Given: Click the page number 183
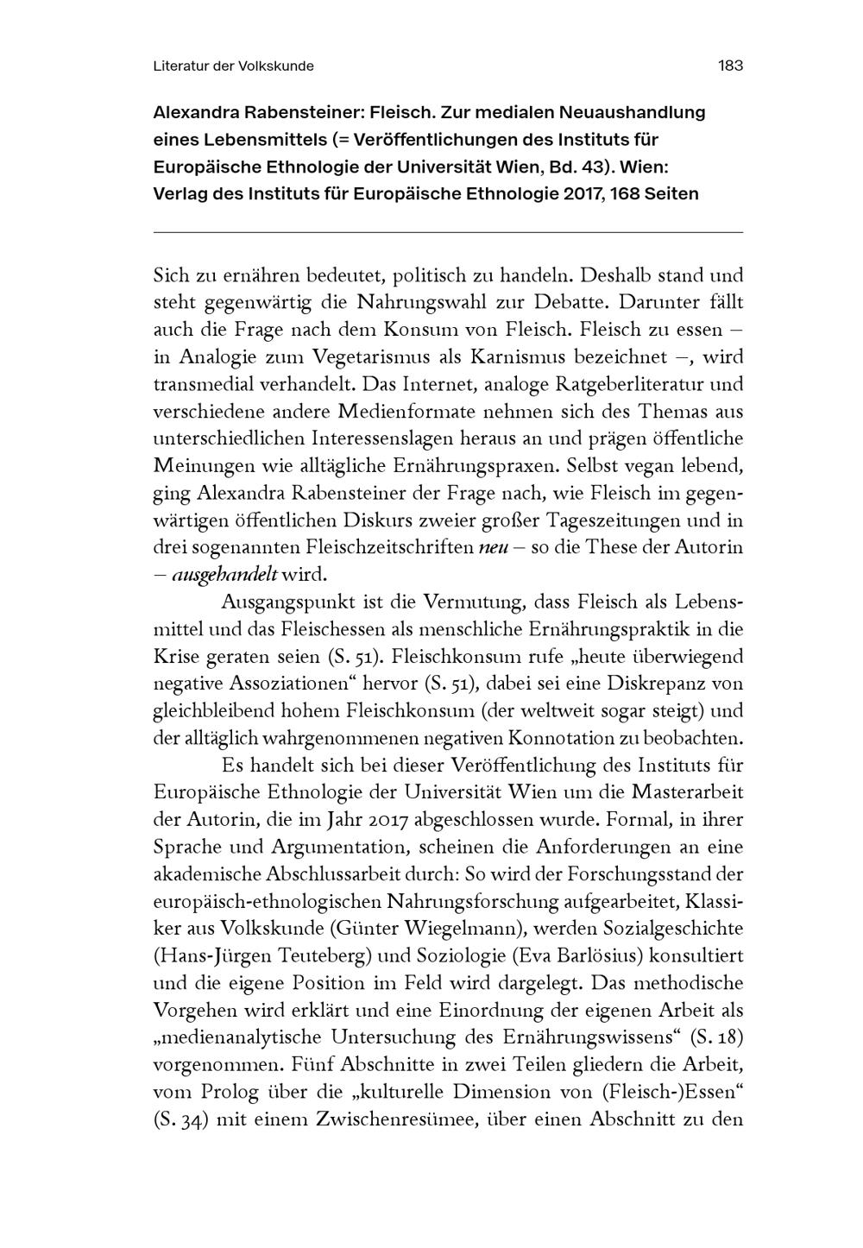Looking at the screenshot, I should point(730,66).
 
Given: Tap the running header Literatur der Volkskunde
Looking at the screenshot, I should point(233,66).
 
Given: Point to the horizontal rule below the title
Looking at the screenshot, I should point(447,232).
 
